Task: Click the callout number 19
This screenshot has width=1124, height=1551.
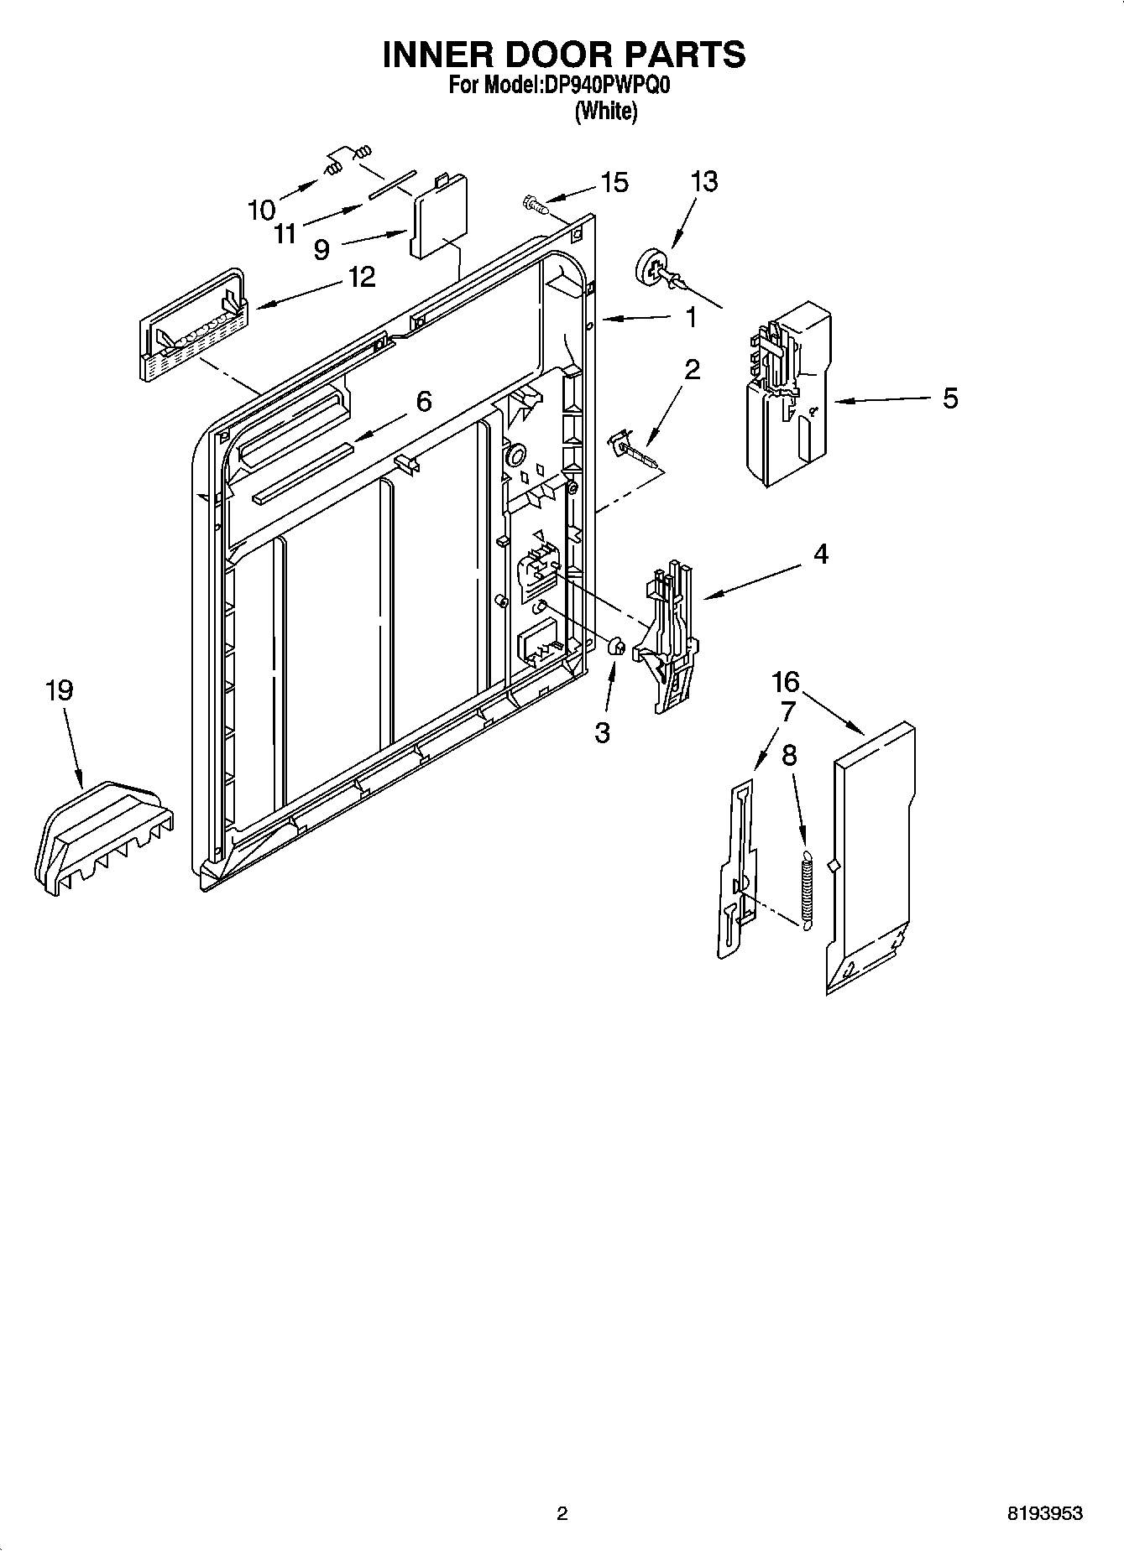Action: pyautogui.click(x=59, y=691)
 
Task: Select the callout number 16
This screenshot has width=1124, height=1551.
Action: pyautogui.click(x=787, y=681)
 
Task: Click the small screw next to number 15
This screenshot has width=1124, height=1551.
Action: pyautogui.click(x=533, y=203)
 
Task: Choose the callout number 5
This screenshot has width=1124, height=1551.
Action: pyautogui.click(x=949, y=398)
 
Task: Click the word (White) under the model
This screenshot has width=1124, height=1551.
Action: pyautogui.click(x=605, y=111)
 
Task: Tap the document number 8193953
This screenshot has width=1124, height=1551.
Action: pyautogui.click(x=1044, y=1514)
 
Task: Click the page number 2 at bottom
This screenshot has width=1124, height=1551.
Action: pyautogui.click(x=562, y=1514)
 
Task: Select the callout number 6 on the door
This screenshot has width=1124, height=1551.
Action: pyautogui.click(x=424, y=402)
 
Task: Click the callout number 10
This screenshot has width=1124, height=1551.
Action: pyautogui.click(x=262, y=210)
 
